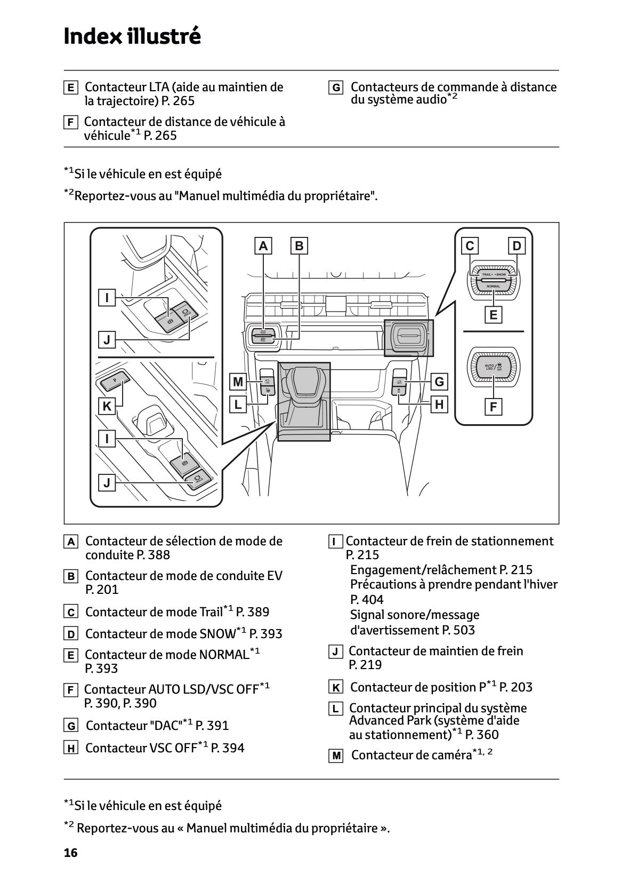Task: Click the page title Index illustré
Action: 132,36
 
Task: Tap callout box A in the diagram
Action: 263,246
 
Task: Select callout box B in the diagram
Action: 299,246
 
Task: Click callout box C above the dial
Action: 470,246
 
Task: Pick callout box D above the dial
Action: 517,246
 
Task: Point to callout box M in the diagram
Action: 238,382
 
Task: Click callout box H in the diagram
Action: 439,404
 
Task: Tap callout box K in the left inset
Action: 107,406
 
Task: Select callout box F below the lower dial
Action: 493,407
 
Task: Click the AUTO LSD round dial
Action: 493,367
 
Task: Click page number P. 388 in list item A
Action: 153,555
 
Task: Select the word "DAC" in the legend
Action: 165,726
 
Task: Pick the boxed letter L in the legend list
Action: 335,709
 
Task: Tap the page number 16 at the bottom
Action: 70,853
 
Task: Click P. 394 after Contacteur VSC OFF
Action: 228,748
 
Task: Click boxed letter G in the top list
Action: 336,88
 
